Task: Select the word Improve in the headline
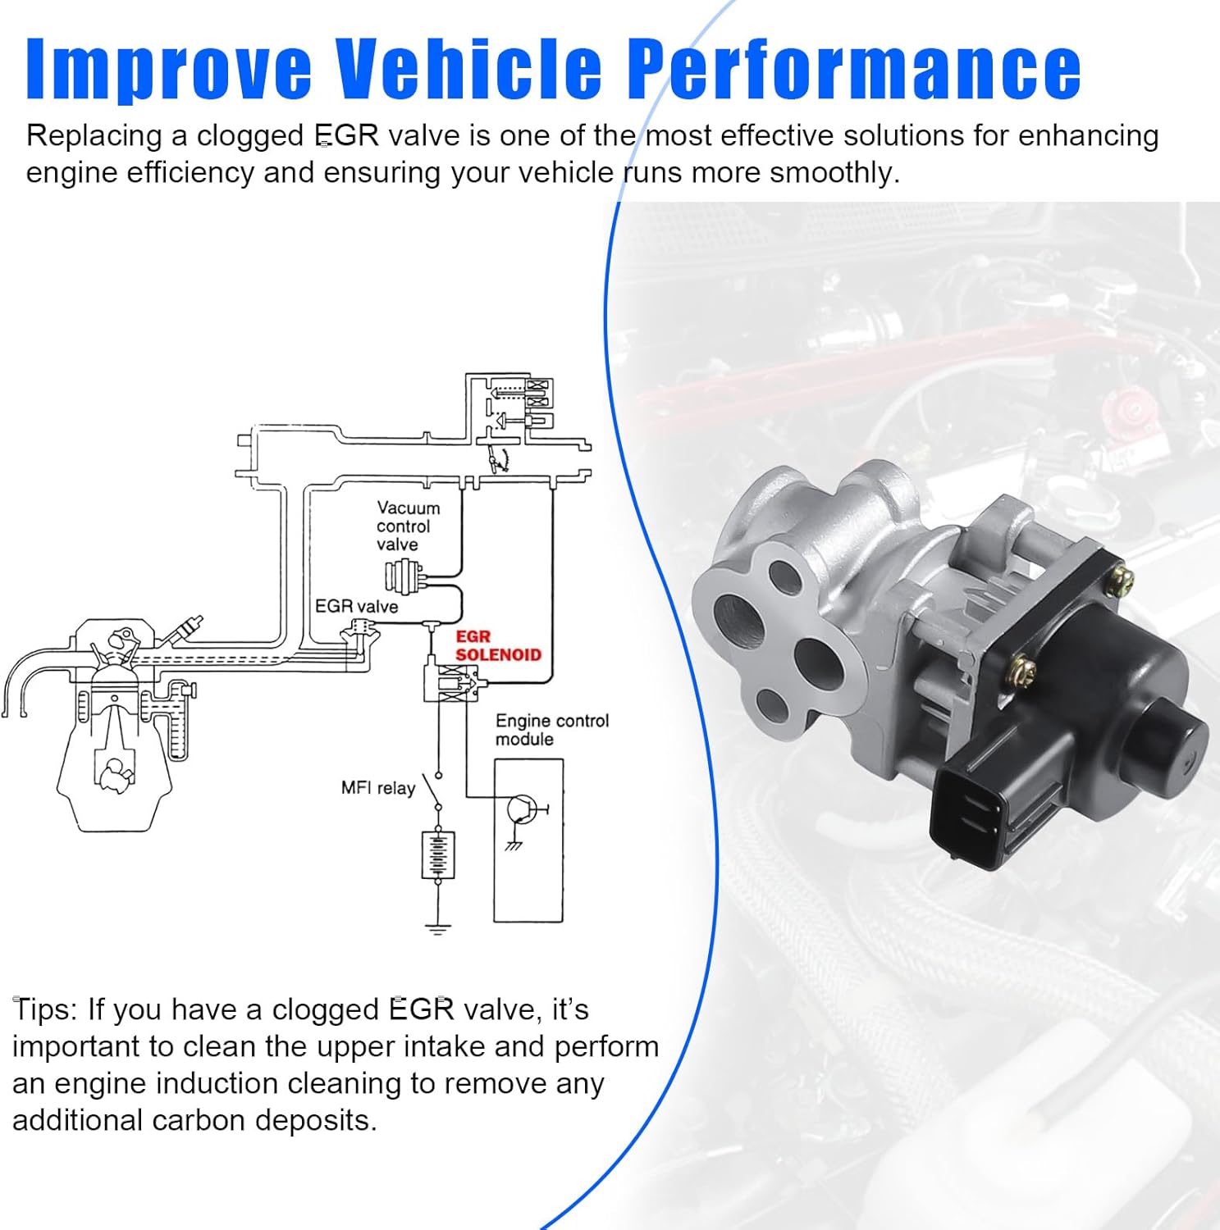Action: [x=168, y=70]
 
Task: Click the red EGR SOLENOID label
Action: [x=497, y=645]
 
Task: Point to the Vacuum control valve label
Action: [x=408, y=526]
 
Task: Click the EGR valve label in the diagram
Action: [x=356, y=606]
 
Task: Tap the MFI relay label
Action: [x=377, y=788]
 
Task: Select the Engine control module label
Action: [x=551, y=730]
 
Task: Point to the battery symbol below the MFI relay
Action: [x=438, y=854]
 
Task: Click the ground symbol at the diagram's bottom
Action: [x=438, y=928]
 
